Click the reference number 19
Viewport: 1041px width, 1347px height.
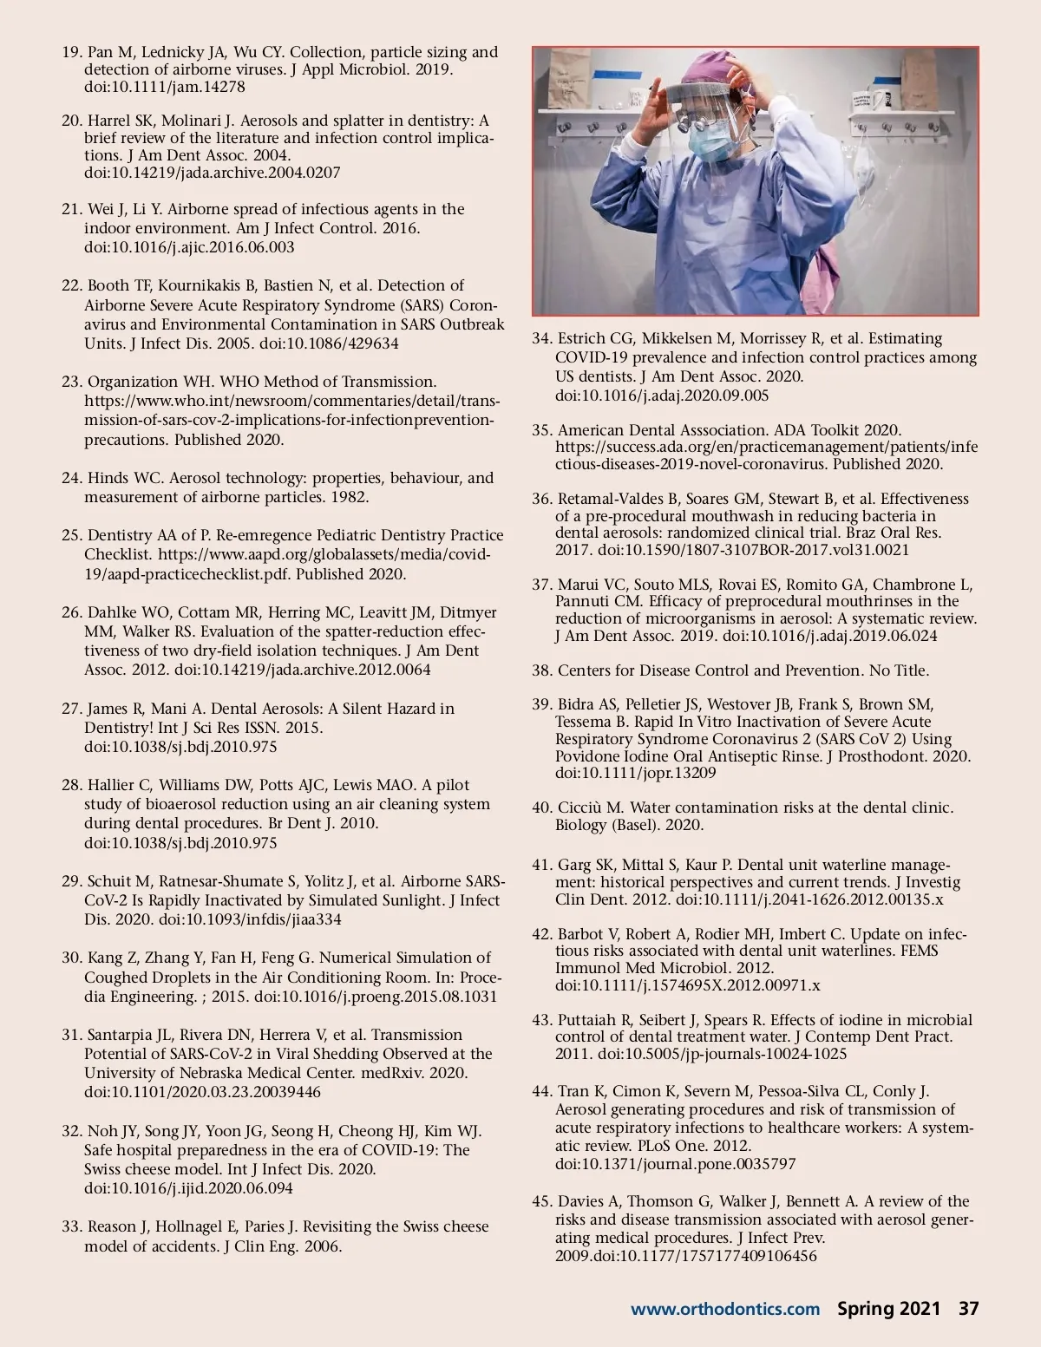tap(71, 52)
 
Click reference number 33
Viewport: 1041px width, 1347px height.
tap(71, 1226)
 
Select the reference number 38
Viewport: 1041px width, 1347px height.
tap(541, 670)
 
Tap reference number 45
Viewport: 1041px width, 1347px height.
tap(541, 1201)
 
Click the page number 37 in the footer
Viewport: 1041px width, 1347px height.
tap(968, 1309)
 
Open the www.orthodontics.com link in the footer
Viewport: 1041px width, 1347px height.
tap(724, 1310)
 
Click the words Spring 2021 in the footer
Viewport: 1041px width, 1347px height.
tap(888, 1309)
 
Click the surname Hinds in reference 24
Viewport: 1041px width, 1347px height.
tap(108, 478)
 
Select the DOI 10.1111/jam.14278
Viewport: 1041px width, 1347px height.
tap(165, 87)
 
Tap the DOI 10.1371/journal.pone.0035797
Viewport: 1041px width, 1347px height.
tap(663, 1164)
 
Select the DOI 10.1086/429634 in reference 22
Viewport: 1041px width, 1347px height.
tap(329, 343)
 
